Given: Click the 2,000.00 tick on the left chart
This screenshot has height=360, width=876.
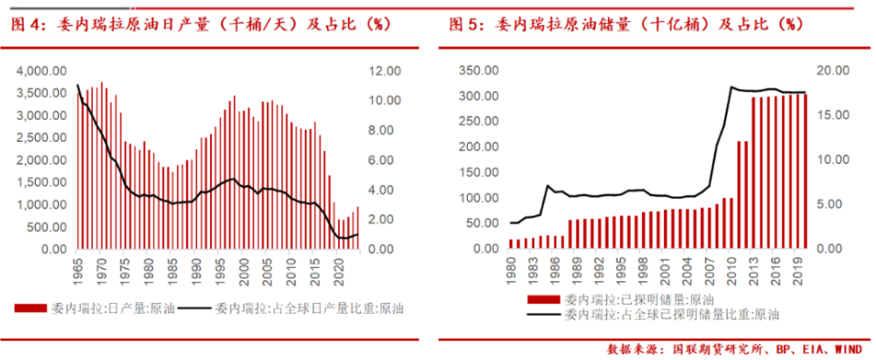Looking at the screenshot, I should pyautogui.click(x=44, y=160).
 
